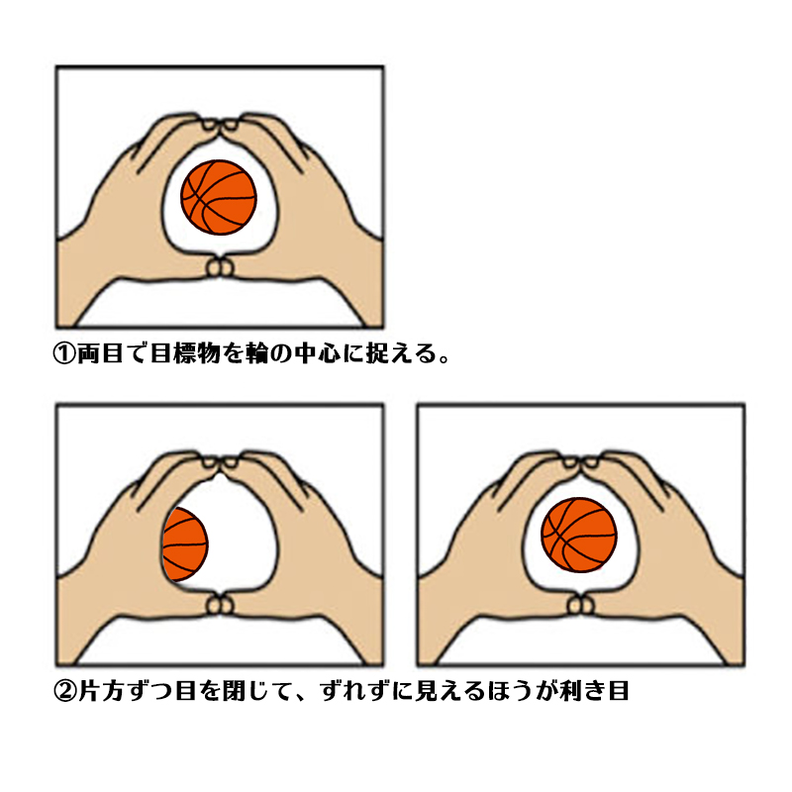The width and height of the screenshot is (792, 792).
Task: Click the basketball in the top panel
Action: pos(219,197)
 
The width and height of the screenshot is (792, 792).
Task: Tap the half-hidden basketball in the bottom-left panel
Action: pos(184,544)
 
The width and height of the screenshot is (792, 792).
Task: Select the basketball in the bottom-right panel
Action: pos(579,535)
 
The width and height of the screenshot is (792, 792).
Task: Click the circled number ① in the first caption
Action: pos(64,353)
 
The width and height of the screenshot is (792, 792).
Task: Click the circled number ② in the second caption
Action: pos(64,691)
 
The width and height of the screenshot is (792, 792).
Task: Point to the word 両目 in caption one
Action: pos(100,353)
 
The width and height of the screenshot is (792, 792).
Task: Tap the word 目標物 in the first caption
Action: pos(185,353)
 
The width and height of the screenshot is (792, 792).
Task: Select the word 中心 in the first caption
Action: pos(318,353)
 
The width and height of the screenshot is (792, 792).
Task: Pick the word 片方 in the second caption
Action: pos(100,691)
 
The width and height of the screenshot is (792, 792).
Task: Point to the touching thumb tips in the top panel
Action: pos(220,267)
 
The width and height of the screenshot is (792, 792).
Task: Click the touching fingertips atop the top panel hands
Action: pos(220,124)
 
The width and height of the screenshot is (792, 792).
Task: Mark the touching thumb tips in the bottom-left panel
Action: pos(220,605)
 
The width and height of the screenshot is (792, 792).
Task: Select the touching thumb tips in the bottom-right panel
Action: pos(580,605)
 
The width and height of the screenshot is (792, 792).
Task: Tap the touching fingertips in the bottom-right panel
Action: pos(580,461)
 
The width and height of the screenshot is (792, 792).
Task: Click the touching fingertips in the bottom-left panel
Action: pos(220,461)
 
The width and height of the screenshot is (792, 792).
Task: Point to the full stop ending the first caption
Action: pos(445,358)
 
